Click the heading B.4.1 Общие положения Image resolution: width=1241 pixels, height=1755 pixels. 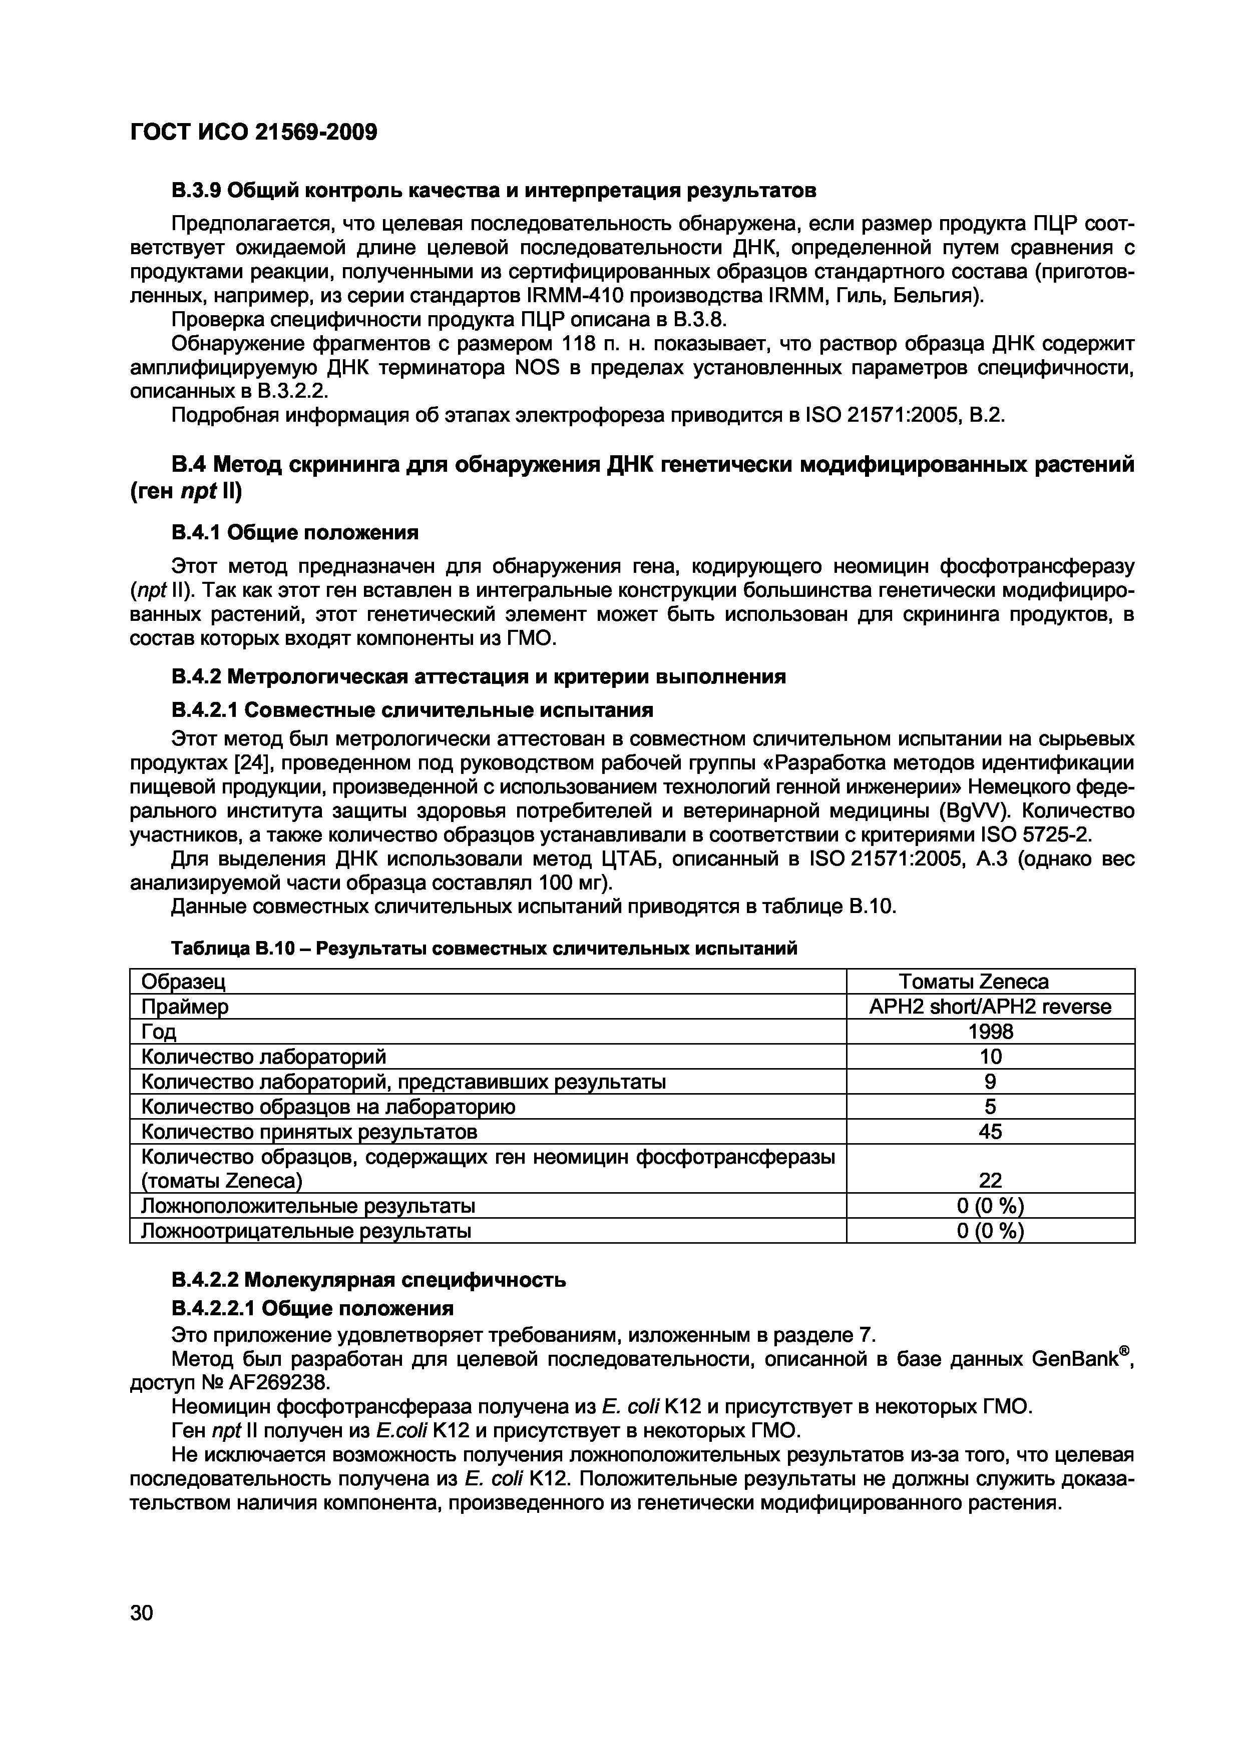pyautogui.click(x=294, y=531)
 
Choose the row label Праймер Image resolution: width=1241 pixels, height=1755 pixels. pyautogui.click(x=185, y=1007)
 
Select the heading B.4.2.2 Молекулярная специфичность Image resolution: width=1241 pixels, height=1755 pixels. pyautogui.click(x=368, y=1280)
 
